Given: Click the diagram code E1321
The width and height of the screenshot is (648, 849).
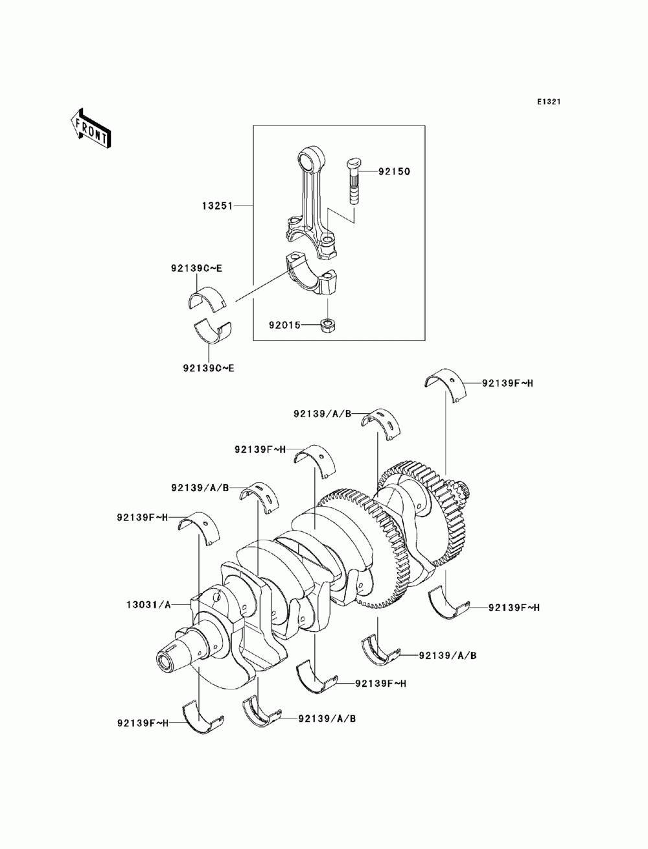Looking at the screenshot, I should tap(548, 102).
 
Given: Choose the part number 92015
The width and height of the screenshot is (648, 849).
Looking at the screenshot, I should tap(285, 326).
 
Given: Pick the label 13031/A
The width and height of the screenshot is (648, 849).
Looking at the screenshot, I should tap(148, 604).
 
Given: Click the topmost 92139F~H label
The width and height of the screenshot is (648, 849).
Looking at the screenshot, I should tap(507, 383).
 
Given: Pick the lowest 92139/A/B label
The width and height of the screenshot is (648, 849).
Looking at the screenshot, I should tap(327, 719).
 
